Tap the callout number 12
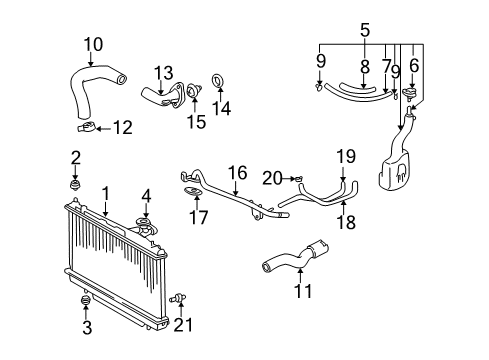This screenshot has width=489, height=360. coord(122,127)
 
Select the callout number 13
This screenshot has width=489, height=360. coord(164,71)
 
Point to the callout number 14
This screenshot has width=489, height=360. coord(223,108)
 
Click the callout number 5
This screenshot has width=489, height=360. coord(365,30)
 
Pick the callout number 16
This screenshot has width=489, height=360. coord(237,173)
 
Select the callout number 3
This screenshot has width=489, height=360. coord(85,327)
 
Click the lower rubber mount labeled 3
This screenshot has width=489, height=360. coord(85,300)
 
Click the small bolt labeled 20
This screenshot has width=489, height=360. coord(296,178)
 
